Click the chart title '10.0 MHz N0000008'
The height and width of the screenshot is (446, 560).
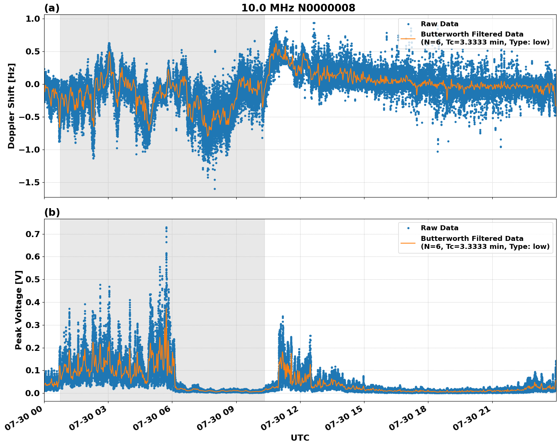pos(298,8)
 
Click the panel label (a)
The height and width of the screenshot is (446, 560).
pos(52,8)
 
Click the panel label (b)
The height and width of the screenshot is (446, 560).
pos(52,212)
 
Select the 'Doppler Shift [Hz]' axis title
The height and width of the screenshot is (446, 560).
pos(11,106)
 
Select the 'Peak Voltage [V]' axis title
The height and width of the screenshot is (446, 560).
pos(19,310)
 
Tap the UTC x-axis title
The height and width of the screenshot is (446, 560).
pos(300,438)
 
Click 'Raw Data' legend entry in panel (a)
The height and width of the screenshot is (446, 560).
pos(439,24)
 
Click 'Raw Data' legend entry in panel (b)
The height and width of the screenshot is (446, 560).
pos(439,228)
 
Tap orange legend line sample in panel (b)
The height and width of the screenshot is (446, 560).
pos(408,242)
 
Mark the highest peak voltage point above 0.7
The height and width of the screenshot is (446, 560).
pos(166,228)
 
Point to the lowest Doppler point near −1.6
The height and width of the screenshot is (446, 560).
pos(215,189)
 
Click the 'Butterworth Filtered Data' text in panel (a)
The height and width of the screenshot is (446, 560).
pos(472,34)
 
